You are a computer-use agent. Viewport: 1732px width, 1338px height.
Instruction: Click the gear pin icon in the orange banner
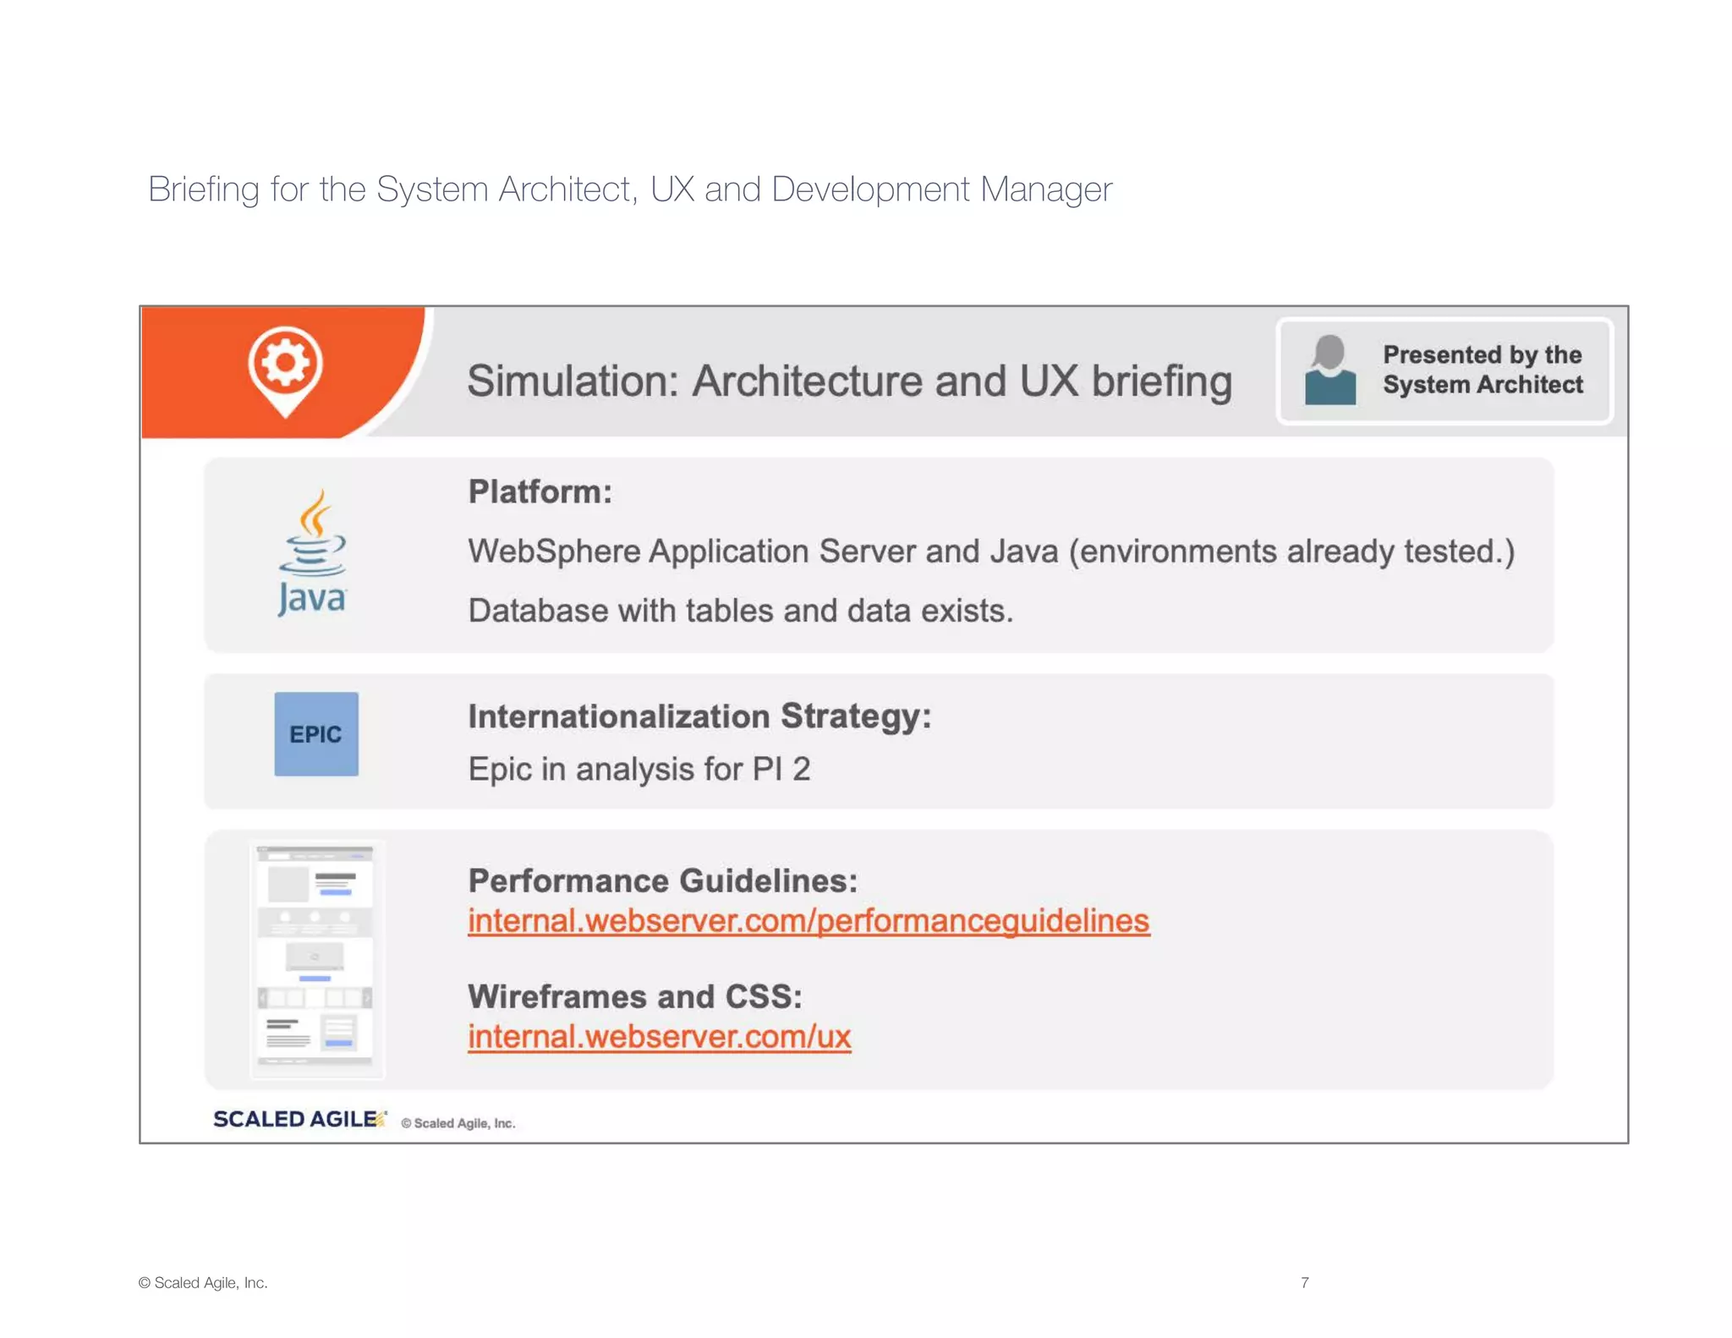pos(285,370)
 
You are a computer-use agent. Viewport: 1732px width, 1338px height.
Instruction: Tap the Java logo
pos(312,553)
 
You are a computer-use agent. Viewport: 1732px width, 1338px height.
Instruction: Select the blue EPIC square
pos(316,734)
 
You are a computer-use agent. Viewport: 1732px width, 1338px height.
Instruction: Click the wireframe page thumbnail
pos(315,958)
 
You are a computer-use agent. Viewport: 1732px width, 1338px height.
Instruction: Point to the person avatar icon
pos(1329,370)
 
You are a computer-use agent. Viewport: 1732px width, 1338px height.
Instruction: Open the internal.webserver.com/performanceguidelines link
pos(808,921)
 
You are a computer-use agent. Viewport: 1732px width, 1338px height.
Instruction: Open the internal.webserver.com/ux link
pos(659,1037)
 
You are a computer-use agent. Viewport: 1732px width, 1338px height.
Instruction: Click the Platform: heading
pos(540,491)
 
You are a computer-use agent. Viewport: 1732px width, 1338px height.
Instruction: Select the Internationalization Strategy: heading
pos(699,716)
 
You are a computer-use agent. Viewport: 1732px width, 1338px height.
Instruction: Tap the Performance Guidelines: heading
pos(662,880)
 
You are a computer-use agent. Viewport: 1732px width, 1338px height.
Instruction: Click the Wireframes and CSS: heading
pos(635,996)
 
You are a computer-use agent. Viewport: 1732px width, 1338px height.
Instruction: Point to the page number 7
pos(1305,1282)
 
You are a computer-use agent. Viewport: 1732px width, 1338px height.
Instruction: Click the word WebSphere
pos(554,551)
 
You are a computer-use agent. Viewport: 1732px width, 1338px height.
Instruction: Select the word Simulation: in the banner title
pos(573,381)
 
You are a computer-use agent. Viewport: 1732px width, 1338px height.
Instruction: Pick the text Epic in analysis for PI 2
pos(639,770)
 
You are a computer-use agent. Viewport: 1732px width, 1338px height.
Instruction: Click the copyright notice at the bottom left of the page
pos(203,1282)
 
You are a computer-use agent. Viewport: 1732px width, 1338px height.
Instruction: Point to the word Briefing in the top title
pos(203,189)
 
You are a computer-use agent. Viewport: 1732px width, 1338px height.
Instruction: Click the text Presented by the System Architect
pos(1483,370)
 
